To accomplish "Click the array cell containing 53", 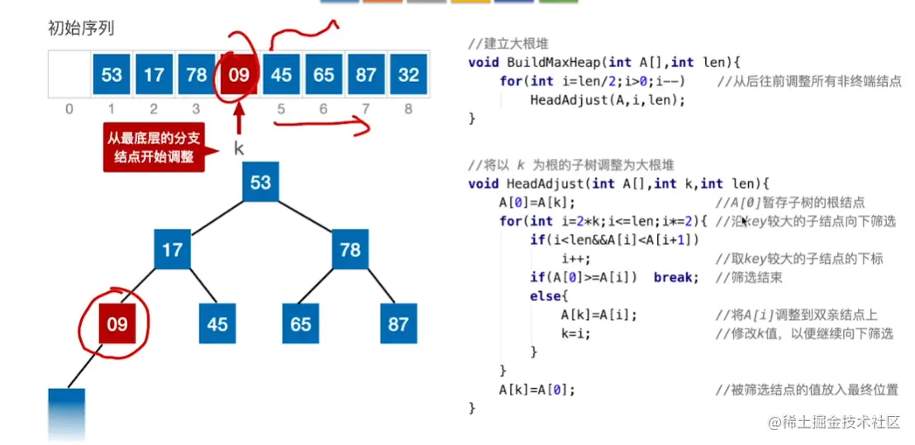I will coord(112,75).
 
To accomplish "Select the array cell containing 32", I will coord(408,75).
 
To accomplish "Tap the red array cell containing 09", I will coord(238,75).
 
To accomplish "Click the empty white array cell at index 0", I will coord(69,75).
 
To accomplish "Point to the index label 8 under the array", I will coord(408,108).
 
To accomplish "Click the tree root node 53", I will coord(260,181).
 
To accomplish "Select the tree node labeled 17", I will coord(172,249).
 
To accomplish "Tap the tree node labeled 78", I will coord(350,249).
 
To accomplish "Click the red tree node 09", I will coord(117,323).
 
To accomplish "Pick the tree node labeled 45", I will coord(217,323).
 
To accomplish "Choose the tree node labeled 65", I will coord(301,323).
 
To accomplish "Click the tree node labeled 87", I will coord(398,323).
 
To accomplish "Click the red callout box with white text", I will coord(155,147).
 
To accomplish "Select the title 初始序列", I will coord(81,29).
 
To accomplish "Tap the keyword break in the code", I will coord(672,278).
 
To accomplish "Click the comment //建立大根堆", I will coord(507,43).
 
